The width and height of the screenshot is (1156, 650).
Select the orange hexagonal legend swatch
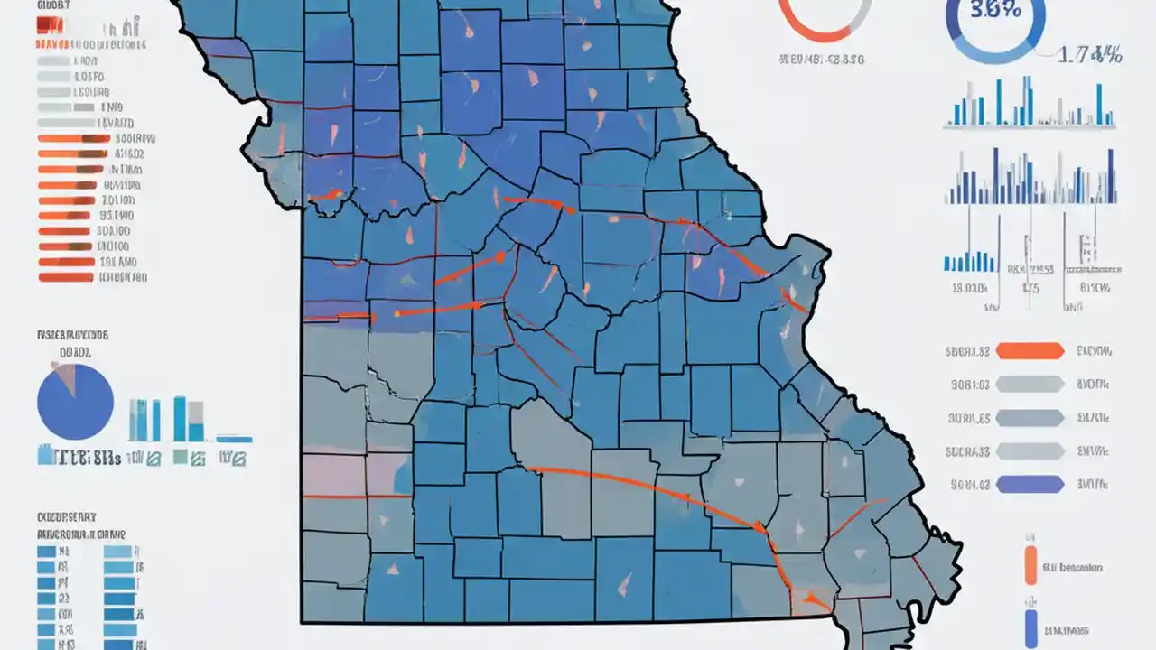tap(1029, 351)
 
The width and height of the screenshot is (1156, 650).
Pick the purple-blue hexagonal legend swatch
tap(1029, 485)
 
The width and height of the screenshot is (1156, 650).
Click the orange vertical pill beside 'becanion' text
tap(1030, 565)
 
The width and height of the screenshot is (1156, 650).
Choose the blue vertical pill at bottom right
tap(1030, 628)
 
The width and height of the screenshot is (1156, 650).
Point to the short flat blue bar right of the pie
tap(234, 440)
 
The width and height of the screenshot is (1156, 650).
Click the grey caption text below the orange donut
tap(821, 60)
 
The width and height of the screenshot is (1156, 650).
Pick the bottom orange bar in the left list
tap(66, 277)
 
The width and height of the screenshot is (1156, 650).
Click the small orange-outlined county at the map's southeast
tap(807, 602)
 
